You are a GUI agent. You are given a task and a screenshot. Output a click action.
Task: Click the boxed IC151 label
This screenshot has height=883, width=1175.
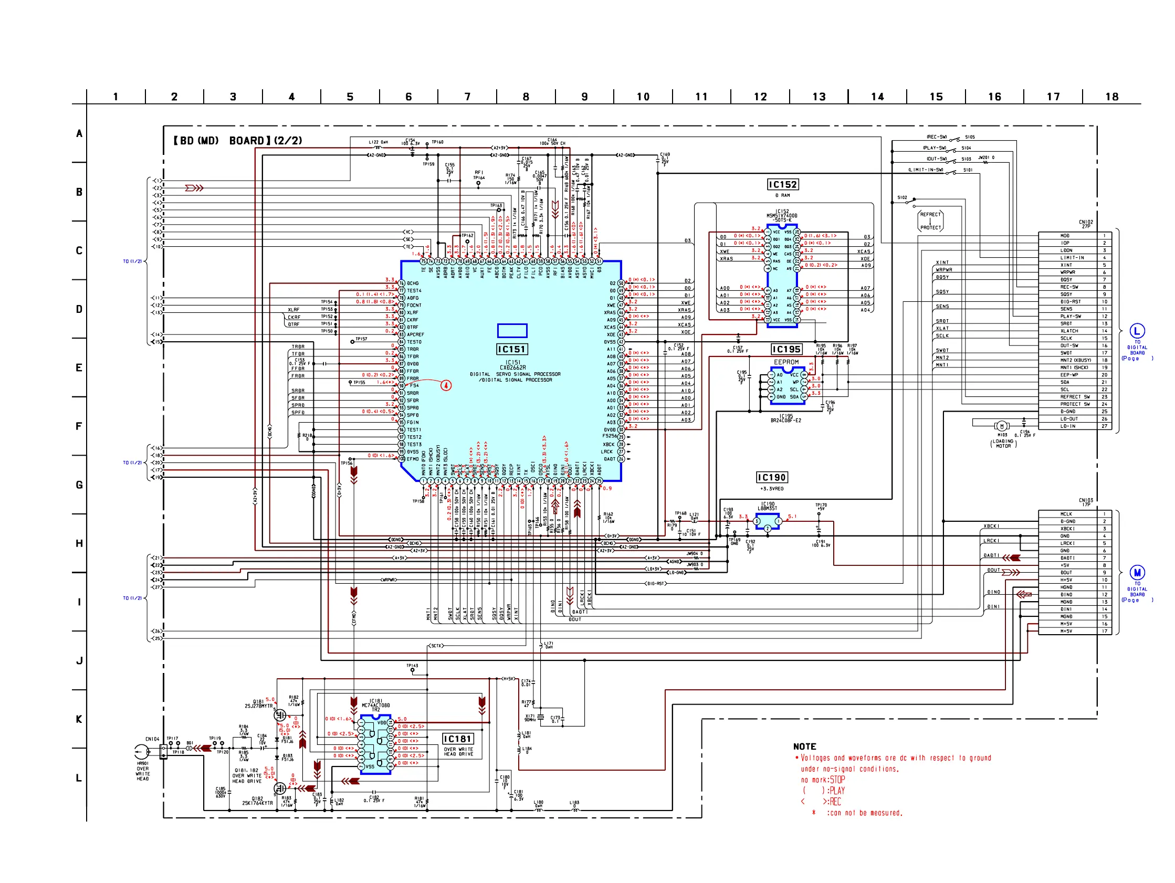point(511,349)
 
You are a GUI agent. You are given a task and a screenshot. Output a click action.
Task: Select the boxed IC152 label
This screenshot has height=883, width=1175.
point(782,184)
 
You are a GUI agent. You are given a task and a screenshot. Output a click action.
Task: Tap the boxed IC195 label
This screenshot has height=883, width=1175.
point(786,349)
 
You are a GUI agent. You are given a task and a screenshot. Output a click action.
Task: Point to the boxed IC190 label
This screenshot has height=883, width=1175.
point(771,477)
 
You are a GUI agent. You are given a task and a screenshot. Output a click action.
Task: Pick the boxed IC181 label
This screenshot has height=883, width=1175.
point(457,739)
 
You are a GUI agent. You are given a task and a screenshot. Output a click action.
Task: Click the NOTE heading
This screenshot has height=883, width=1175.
point(804,747)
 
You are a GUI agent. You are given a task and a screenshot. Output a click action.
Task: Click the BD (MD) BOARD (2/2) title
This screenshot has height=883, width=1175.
point(237,141)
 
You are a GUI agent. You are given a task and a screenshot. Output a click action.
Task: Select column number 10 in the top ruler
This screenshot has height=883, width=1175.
point(643,97)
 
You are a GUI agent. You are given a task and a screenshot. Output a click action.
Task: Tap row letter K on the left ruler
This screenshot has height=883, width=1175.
point(79,719)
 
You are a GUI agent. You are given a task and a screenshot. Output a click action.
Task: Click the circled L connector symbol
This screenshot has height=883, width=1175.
point(1137,331)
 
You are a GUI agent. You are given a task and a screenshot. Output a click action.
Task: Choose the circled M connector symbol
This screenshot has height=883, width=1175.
point(1137,572)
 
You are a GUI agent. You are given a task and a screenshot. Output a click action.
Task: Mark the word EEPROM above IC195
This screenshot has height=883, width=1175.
point(786,362)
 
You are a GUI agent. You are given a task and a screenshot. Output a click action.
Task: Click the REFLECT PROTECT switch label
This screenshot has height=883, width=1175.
point(930,221)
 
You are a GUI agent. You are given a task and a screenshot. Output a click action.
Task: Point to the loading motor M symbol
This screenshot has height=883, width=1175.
point(1001,426)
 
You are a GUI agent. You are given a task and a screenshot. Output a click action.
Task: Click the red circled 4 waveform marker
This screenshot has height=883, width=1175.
point(446,385)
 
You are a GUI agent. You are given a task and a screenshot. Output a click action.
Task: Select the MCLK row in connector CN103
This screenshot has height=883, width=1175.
point(1067,514)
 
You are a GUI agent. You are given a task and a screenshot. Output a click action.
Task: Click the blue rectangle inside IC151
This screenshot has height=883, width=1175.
point(512,330)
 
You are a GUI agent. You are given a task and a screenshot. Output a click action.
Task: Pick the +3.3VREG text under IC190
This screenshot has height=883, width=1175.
point(771,489)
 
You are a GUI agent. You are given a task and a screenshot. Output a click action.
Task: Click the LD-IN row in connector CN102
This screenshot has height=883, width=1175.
point(1067,426)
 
